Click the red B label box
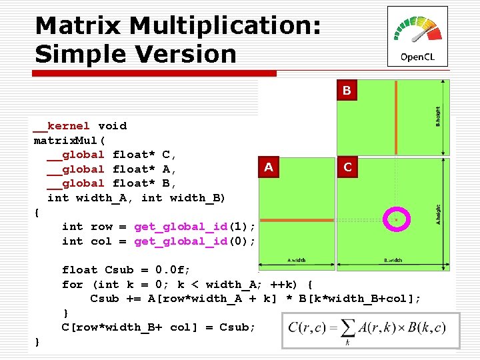[x=347, y=90]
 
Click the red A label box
[x=268, y=167]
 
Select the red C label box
[x=347, y=167]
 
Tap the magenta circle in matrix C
[x=396, y=219]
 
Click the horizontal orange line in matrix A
[x=296, y=219]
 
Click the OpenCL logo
[x=417, y=36]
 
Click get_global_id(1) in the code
[x=195, y=227]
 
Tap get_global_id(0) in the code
[x=195, y=241]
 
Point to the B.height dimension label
[x=437, y=117]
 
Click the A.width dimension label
[x=296, y=260]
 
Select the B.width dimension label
[x=393, y=260]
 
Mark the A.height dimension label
[x=437, y=214]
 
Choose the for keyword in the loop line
[x=72, y=285]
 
